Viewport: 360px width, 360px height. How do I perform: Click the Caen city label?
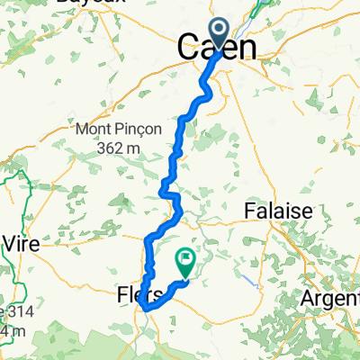[221, 47]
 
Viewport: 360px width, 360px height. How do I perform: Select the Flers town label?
[139, 295]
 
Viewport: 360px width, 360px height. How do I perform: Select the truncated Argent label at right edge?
[333, 297]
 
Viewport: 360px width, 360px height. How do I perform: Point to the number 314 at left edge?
[14, 311]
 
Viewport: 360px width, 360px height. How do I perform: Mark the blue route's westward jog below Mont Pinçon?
[166, 190]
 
